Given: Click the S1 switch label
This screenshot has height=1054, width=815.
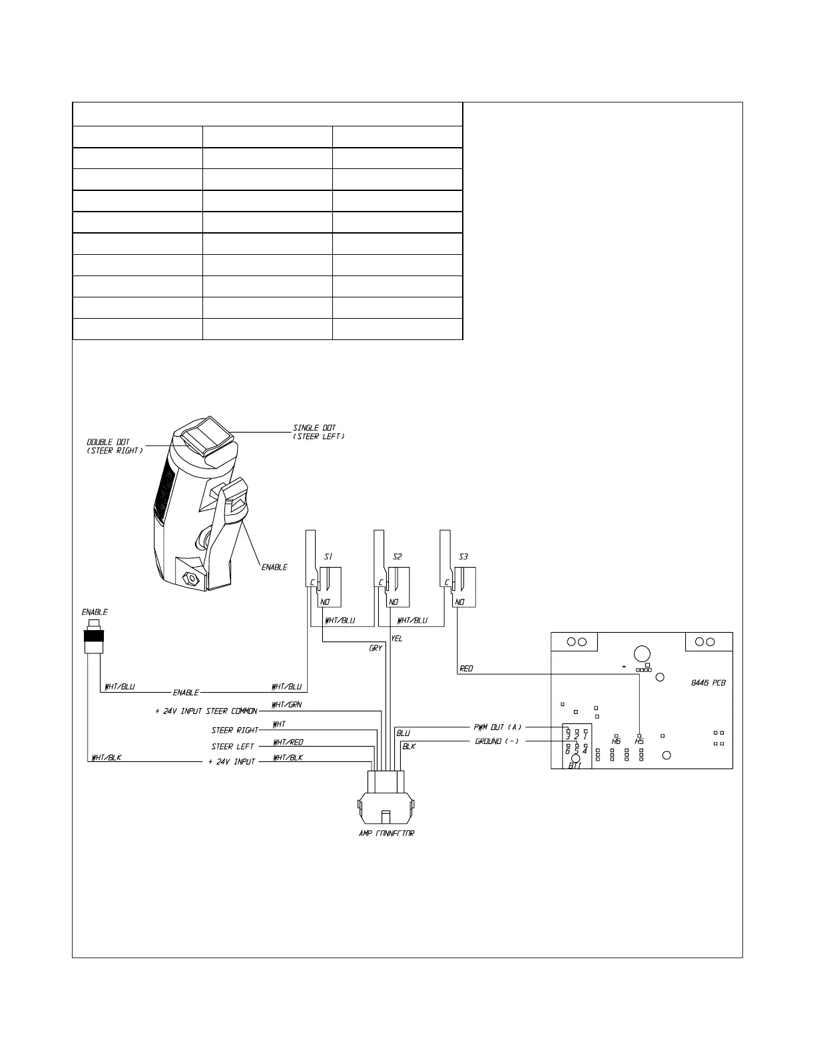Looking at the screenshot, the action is click(x=328, y=557).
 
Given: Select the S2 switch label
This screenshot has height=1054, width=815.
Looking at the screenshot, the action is click(x=397, y=557).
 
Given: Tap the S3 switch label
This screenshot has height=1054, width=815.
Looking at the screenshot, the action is click(x=463, y=557).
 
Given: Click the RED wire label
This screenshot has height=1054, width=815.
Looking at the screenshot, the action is click(x=466, y=669).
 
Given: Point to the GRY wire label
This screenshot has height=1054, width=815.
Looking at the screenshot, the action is click(x=376, y=648).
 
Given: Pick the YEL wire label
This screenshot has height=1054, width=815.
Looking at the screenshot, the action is click(x=397, y=639).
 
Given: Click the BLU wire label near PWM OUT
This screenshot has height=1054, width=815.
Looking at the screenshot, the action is click(x=403, y=733).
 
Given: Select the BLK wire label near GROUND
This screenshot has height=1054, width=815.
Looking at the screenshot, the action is click(x=409, y=747).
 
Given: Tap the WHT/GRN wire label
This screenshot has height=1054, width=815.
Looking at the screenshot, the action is click(x=287, y=705).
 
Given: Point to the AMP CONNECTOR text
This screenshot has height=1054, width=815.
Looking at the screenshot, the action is click(x=386, y=834).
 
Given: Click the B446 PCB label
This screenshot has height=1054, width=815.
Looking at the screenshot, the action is click(x=708, y=683).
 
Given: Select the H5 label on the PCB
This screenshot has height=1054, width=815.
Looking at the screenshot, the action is click(x=639, y=741).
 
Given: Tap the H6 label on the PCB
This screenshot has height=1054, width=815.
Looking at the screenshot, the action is click(x=616, y=741).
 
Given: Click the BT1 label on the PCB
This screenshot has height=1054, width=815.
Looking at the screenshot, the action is click(x=575, y=766).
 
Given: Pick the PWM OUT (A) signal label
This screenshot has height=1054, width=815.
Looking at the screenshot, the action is click(x=497, y=727).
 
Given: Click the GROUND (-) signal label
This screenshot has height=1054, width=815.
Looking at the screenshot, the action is click(x=497, y=741).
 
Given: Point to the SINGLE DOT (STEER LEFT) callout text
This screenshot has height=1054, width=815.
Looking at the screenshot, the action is click(x=318, y=433).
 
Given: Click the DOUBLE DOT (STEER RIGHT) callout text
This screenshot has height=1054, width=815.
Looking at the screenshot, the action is click(x=115, y=446).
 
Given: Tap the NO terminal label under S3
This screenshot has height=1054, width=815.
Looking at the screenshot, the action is click(x=459, y=602).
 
